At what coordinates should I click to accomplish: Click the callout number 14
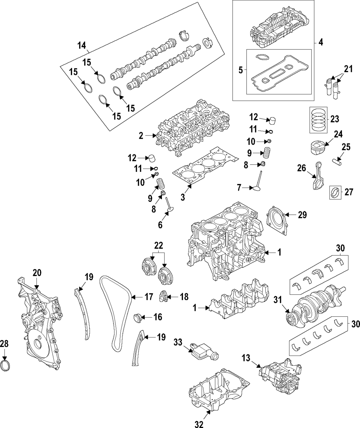pyautogui.click(x=82, y=45)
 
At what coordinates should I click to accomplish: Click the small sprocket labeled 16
pyautogui.click(x=137, y=319)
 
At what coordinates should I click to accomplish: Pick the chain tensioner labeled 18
pyautogui.click(x=163, y=297)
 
